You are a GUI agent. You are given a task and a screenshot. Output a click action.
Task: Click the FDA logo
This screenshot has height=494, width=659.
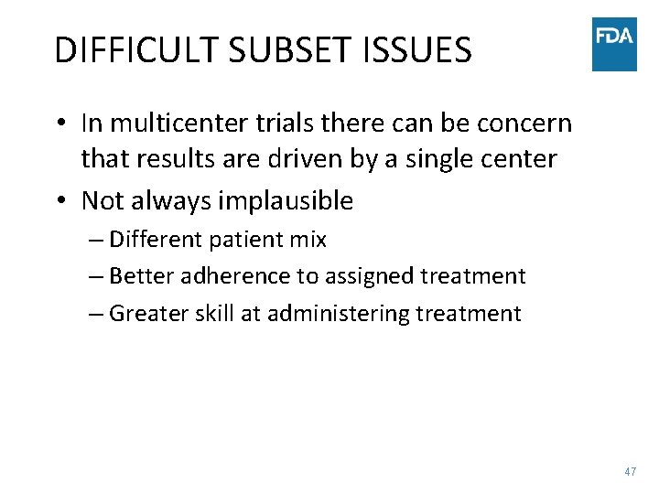[x=614, y=43]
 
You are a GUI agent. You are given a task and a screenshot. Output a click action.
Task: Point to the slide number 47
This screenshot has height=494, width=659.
[x=630, y=471]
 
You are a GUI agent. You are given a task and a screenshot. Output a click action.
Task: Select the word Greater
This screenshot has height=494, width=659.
[x=150, y=314]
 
